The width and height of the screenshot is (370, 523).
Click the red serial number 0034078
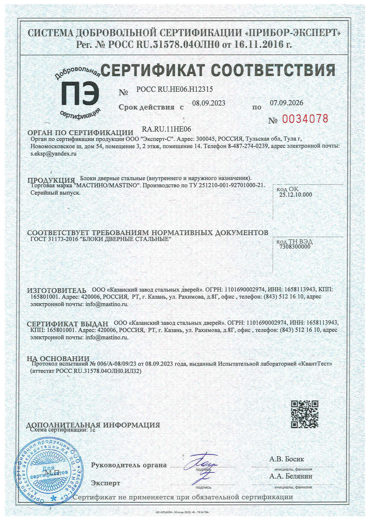(305, 119)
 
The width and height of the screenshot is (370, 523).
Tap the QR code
(305, 414)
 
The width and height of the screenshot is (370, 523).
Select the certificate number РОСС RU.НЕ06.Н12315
(175, 89)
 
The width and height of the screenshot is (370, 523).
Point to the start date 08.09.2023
(209, 103)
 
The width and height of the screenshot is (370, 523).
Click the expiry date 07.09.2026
(286, 103)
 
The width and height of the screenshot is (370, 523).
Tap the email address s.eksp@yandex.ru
(54, 153)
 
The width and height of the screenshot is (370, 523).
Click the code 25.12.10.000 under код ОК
(296, 195)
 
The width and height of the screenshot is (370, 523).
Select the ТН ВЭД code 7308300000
(295, 247)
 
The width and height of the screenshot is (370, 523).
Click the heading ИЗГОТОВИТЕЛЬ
(57, 290)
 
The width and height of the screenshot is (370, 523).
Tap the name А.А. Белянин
(291, 476)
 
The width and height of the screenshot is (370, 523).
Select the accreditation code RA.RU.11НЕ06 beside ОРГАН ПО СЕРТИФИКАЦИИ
(167, 129)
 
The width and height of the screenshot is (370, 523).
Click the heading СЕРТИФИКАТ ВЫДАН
(67, 324)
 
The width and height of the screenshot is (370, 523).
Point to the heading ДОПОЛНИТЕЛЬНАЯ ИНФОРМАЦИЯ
(93, 425)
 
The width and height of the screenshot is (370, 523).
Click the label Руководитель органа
(129, 465)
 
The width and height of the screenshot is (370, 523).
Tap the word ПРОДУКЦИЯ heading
(51, 180)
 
